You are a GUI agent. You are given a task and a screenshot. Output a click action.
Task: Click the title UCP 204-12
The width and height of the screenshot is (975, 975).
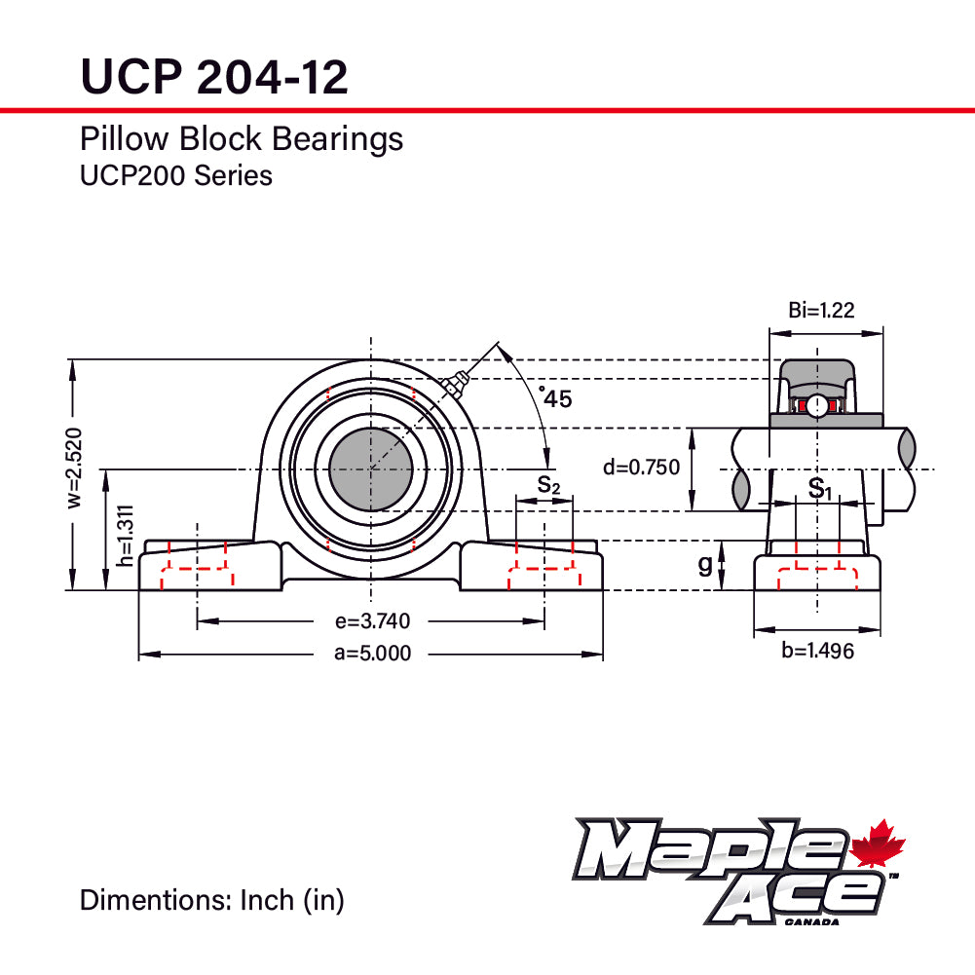[x=213, y=76]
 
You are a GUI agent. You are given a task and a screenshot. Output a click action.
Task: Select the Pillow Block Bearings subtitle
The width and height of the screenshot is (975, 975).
[x=241, y=138]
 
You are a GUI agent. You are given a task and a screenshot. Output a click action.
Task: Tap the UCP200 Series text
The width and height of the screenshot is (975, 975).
[x=175, y=175]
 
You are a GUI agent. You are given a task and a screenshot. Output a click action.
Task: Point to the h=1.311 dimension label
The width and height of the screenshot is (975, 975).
[x=125, y=536]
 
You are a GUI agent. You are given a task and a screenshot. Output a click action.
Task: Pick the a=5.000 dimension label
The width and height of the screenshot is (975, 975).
[x=372, y=654]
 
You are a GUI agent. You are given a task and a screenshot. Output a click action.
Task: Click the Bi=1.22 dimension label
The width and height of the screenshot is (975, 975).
[x=821, y=311]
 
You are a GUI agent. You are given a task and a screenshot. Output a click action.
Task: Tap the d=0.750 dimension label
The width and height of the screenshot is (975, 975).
[x=641, y=468]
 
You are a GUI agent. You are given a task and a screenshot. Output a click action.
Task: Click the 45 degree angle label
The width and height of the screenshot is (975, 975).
[x=556, y=397]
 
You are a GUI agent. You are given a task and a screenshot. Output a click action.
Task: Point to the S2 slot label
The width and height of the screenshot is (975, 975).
[x=548, y=484]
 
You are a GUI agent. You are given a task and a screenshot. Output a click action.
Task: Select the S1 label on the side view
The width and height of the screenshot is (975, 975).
[x=820, y=488]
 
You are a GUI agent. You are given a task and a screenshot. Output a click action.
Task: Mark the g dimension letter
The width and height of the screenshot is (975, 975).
[x=705, y=565]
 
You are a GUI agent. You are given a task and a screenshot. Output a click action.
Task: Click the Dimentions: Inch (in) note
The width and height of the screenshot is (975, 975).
[x=211, y=900]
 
